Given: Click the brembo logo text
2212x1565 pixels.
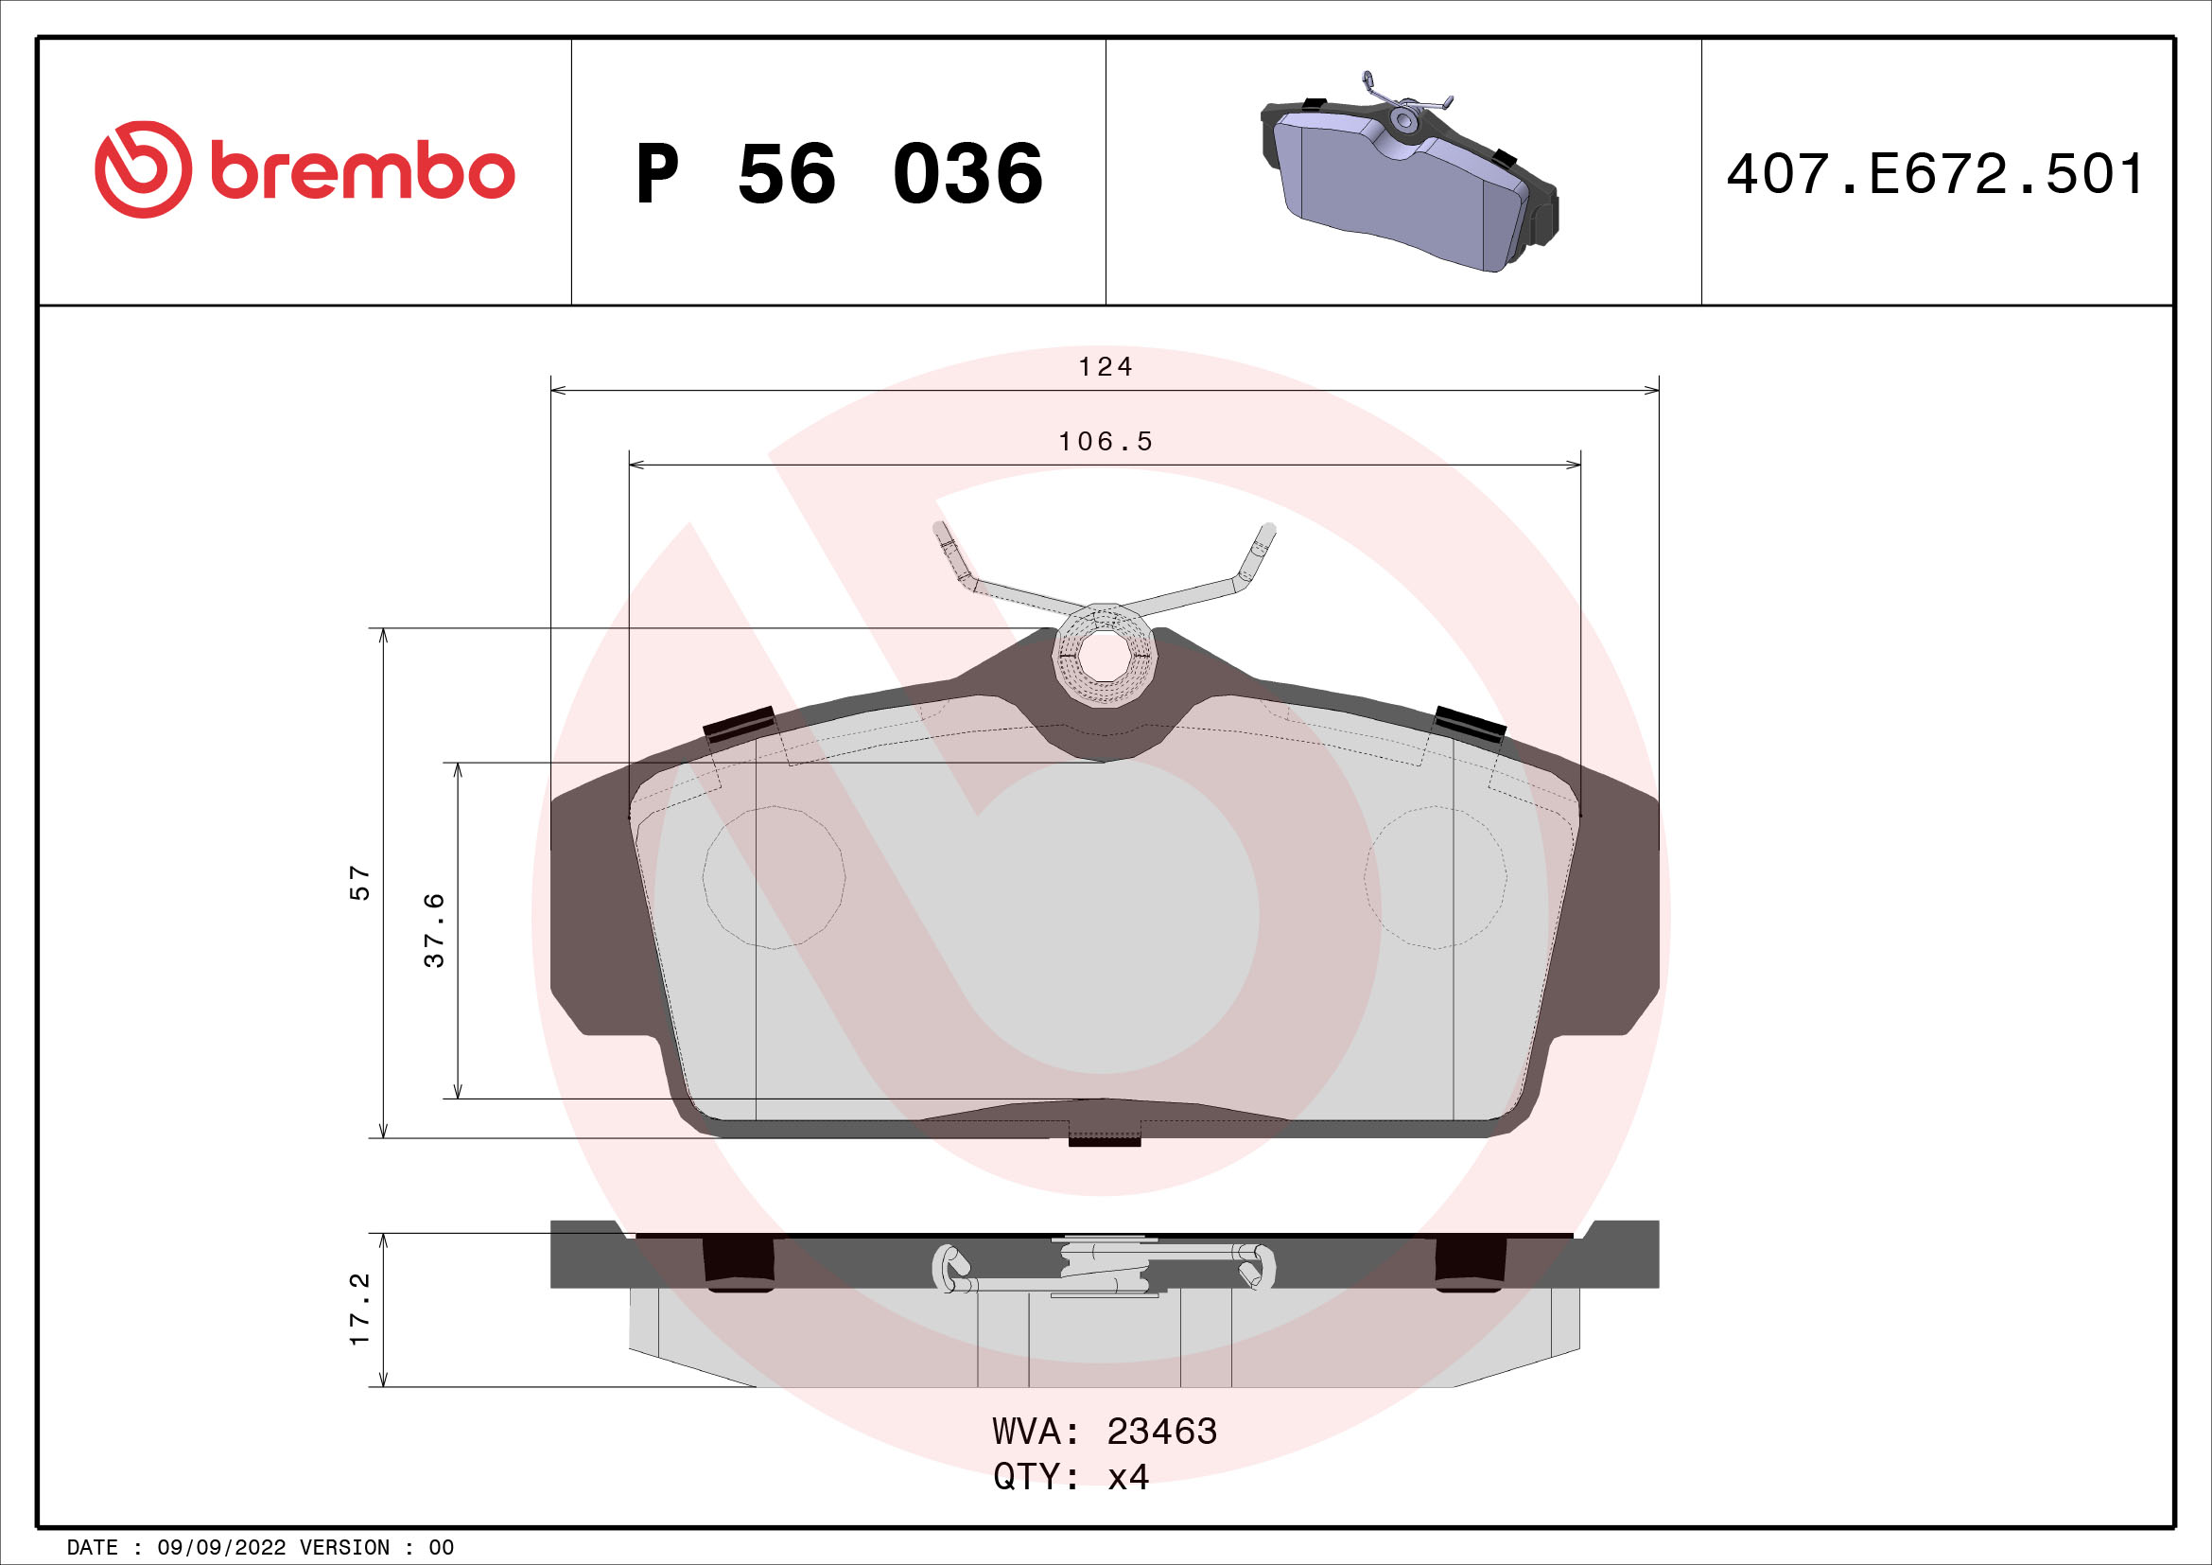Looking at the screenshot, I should (362, 172).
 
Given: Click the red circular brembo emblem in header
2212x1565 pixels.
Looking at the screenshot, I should (143, 169).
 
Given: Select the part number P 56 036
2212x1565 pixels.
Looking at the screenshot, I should (838, 174).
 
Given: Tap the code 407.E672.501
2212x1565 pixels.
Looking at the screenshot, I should (1935, 174).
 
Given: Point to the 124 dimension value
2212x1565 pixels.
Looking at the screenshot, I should (1105, 367).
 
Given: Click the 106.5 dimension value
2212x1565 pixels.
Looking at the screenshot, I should (1105, 441).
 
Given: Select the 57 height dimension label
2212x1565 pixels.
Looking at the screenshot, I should (359, 883).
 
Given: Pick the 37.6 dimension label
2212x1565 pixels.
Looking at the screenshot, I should (434, 930).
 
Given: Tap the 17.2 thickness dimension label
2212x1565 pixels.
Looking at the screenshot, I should (359, 1309).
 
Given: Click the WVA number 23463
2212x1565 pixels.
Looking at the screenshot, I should (1161, 1432).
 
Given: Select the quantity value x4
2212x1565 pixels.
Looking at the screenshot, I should (1128, 1476).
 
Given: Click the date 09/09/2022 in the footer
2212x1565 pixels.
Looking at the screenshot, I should (220, 1548).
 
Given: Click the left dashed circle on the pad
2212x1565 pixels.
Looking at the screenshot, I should (774, 877).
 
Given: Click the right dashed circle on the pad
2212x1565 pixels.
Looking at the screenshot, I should (1436, 877).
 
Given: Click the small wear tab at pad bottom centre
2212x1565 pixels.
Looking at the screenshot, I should (1104, 1141).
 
